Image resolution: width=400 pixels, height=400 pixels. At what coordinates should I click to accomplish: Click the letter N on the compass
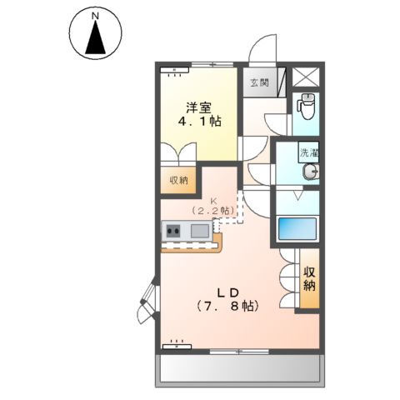click(x=96, y=16)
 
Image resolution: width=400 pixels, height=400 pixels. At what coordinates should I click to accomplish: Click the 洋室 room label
click(x=197, y=107)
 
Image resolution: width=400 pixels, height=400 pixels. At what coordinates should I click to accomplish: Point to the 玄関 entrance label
click(x=258, y=82)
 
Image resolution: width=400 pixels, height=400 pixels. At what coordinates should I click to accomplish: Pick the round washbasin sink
click(x=312, y=172)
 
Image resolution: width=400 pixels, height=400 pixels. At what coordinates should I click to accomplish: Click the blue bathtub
click(x=297, y=227)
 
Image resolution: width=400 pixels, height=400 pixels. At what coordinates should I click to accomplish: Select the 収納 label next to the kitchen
click(x=178, y=180)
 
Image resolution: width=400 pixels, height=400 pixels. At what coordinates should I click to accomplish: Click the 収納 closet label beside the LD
click(x=309, y=278)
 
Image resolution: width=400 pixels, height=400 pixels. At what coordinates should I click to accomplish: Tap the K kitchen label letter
click(x=213, y=201)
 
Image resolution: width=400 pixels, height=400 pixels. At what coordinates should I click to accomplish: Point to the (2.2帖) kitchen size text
click(x=213, y=212)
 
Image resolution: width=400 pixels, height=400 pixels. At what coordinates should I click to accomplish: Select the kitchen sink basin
click(x=201, y=231)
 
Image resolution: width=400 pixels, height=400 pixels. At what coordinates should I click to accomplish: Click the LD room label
click(x=228, y=292)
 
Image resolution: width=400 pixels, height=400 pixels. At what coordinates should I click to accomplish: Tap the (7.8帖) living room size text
click(x=228, y=307)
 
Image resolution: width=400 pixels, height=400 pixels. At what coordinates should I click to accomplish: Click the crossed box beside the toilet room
click(x=305, y=77)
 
